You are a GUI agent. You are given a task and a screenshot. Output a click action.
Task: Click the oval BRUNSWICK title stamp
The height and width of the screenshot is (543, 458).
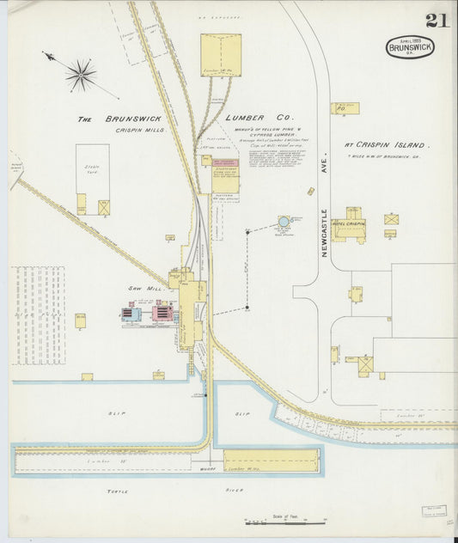pos(410,46)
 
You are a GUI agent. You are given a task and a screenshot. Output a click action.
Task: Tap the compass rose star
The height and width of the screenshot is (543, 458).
pos(81,74)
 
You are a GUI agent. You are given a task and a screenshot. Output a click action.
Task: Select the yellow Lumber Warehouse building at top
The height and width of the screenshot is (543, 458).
pos(221,55)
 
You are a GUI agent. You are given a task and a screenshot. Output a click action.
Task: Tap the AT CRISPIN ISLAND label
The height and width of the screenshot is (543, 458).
pos(387,145)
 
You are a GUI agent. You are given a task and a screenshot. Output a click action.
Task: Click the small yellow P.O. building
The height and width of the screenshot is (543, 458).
pos(345,109)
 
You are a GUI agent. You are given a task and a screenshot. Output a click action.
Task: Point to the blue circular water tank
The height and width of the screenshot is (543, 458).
pos(284,222)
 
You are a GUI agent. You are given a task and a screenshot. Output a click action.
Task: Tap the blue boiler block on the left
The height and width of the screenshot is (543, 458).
pos(131,314)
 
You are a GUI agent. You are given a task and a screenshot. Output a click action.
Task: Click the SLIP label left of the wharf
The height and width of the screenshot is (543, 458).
pos(117,413)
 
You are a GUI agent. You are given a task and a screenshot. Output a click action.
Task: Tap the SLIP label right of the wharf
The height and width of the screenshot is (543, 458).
pos(241,413)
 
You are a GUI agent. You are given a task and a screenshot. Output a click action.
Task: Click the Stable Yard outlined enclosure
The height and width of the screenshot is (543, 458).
pos(92,179)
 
